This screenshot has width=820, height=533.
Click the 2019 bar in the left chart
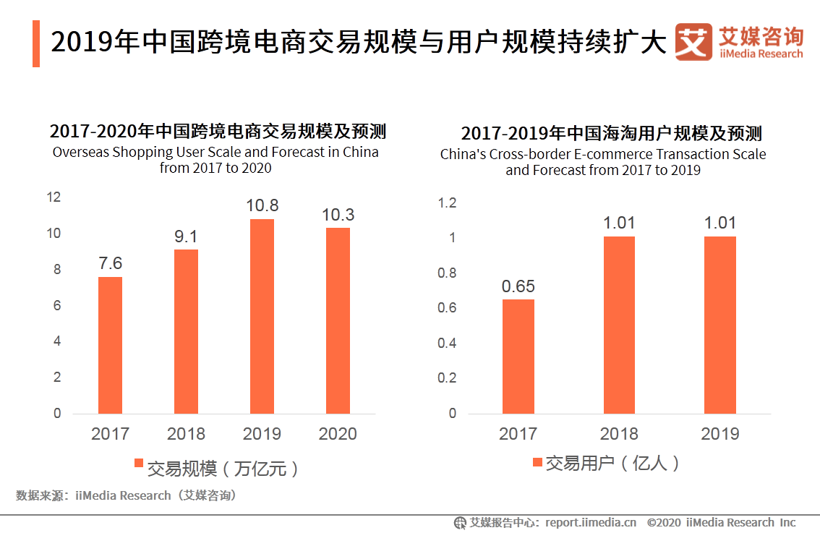pos(262,316)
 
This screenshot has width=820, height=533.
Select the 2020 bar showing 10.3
pos(338,320)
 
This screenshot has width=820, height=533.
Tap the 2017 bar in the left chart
pos(110,345)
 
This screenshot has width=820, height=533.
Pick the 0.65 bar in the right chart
pos(518,356)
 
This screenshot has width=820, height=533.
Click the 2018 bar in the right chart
pos(619,325)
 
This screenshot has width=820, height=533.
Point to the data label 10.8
pos(262,206)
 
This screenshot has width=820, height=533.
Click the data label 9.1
pos(186,236)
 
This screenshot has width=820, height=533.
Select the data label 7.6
pos(110,264)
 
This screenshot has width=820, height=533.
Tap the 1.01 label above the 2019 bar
pos(720,223)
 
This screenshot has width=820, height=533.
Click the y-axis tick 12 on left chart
pos(54,197)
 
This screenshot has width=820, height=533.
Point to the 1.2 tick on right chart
pos(448,203)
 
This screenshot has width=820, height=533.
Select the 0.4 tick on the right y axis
pos(448,343)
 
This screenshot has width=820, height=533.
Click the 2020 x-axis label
pos(338,434)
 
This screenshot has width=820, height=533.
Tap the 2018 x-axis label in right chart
pos(619,434)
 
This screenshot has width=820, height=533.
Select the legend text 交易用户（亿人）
pos(612,464)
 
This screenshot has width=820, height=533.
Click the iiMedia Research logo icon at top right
pos(693,43)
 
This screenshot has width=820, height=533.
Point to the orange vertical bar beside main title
pos(36,44)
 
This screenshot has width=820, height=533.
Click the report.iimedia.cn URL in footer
pos(591,522)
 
